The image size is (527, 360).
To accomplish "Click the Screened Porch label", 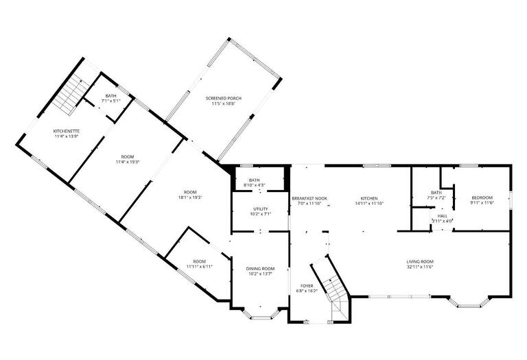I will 224,98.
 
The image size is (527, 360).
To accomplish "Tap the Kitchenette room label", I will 67,130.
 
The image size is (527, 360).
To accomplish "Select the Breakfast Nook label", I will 309,198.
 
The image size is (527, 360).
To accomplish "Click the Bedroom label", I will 482,198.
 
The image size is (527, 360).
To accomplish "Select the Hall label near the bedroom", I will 443,215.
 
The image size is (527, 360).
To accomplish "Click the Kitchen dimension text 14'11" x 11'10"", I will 369,204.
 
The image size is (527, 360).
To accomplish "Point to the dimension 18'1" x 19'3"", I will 190,197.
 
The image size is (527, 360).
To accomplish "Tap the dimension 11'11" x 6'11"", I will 199,267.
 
